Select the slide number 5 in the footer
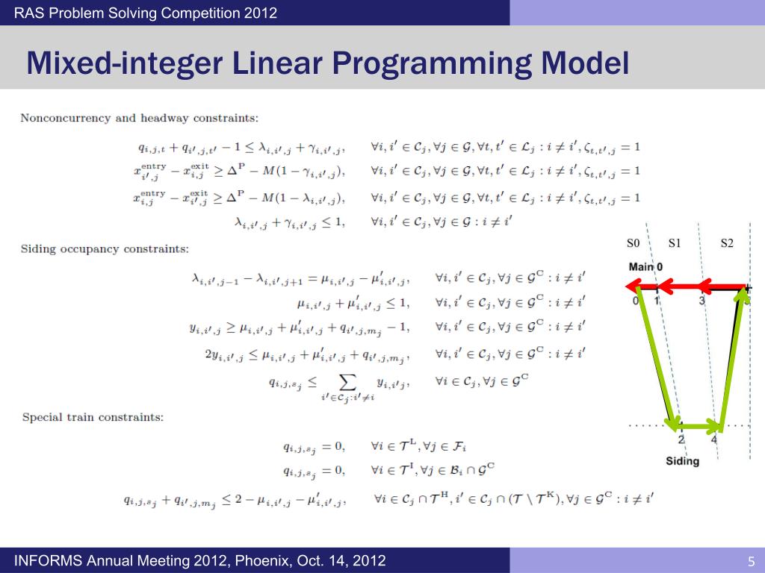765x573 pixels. coord(752,561)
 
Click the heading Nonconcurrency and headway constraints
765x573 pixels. coord(139,118)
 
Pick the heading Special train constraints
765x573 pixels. coord(93,417)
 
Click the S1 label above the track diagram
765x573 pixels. coord(675,243)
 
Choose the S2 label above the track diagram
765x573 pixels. coord(727,243)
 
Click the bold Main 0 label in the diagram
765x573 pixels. coord(645,266)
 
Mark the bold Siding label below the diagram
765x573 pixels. coord(682,461)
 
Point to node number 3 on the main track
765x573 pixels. coord(701,301)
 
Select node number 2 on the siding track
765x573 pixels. coord(681,439)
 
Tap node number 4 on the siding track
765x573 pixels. coord(713,439)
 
